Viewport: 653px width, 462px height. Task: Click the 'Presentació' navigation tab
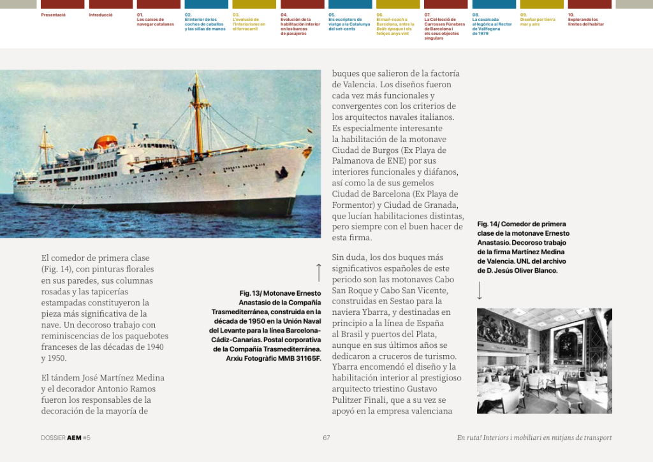53,14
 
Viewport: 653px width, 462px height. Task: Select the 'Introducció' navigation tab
101,14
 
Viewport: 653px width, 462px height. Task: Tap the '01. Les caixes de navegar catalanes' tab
155,19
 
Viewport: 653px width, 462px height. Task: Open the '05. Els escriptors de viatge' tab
349,21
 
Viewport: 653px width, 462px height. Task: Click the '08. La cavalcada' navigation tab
492,24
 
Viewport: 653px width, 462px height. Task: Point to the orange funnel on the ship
106,142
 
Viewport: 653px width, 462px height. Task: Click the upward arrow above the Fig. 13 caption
318,272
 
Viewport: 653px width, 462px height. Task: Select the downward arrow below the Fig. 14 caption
480,291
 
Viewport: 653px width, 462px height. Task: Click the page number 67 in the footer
326,438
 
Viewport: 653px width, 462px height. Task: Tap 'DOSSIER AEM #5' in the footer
66,438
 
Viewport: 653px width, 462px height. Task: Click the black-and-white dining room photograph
544,361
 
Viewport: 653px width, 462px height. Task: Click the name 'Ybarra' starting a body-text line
346,367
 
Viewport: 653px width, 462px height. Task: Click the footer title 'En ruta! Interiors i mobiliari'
534,438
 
